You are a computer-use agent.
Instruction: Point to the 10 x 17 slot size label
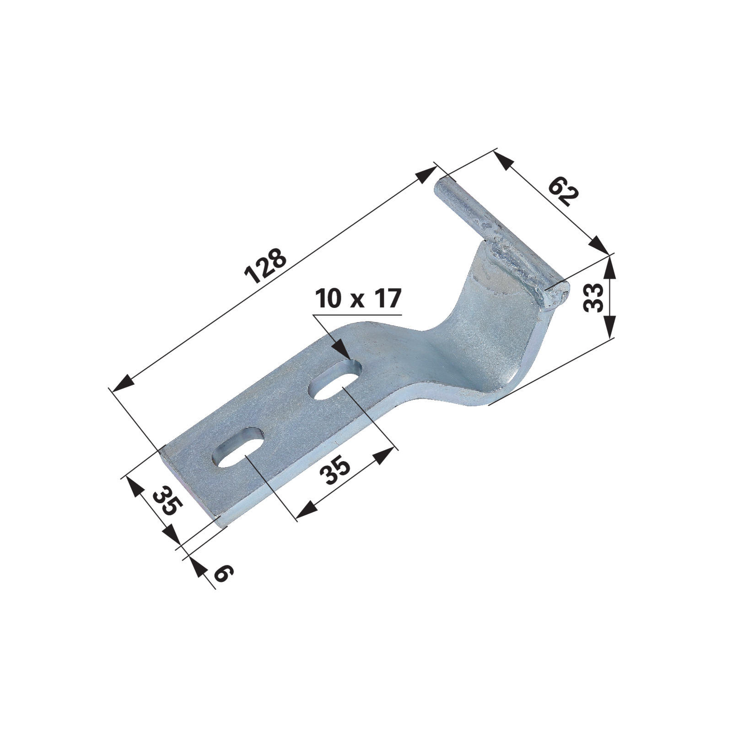tap(358, 299)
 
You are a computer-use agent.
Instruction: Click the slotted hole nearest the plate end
tap(238, 447)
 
